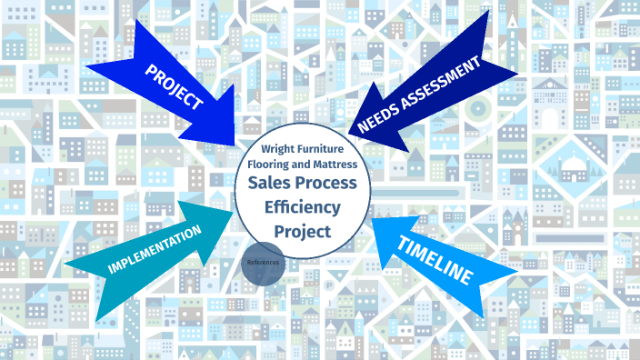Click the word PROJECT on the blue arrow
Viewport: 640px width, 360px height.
point(173,86)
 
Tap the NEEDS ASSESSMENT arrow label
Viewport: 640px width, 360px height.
point(417,95)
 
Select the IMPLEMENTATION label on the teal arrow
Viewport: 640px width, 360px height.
point(154,250)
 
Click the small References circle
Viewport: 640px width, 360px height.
point(263,262)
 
